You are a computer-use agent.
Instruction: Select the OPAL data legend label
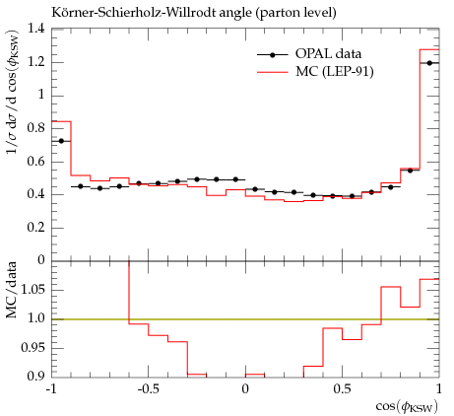click(x=328, y=54)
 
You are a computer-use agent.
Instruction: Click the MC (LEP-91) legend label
click(x=335, y=71)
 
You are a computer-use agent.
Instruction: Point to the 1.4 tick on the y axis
click(x=35, y=29)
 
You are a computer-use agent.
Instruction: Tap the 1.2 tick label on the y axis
click(x=35, y=62)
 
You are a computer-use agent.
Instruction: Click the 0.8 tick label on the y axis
click(x=35, y=128)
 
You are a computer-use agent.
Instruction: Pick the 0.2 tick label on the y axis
click(x=35, y=228)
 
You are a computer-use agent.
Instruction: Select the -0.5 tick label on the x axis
click(x=149, y=389)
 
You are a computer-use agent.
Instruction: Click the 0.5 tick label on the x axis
click(x=342, y=389)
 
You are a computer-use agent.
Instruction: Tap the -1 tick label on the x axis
click(x=51, y=389)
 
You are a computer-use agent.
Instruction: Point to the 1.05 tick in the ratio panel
click(x=32, y=290)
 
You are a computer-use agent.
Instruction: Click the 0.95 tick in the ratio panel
click(x=32, y=348)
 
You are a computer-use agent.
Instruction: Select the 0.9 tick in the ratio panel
click(x=35, y=376)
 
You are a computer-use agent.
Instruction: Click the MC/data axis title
click(x=12, y=290)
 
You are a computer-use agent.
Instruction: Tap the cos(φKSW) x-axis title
click(x=407, y=407)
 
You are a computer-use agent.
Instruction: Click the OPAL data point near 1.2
click(x=429, y=63)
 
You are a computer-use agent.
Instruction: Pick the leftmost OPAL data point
click(x=61, y=141)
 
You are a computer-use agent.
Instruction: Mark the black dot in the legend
click(x=272, y=55)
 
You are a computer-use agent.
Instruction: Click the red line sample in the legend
click(x=272, y=72)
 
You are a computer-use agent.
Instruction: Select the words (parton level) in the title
click(x=296, y=13)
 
